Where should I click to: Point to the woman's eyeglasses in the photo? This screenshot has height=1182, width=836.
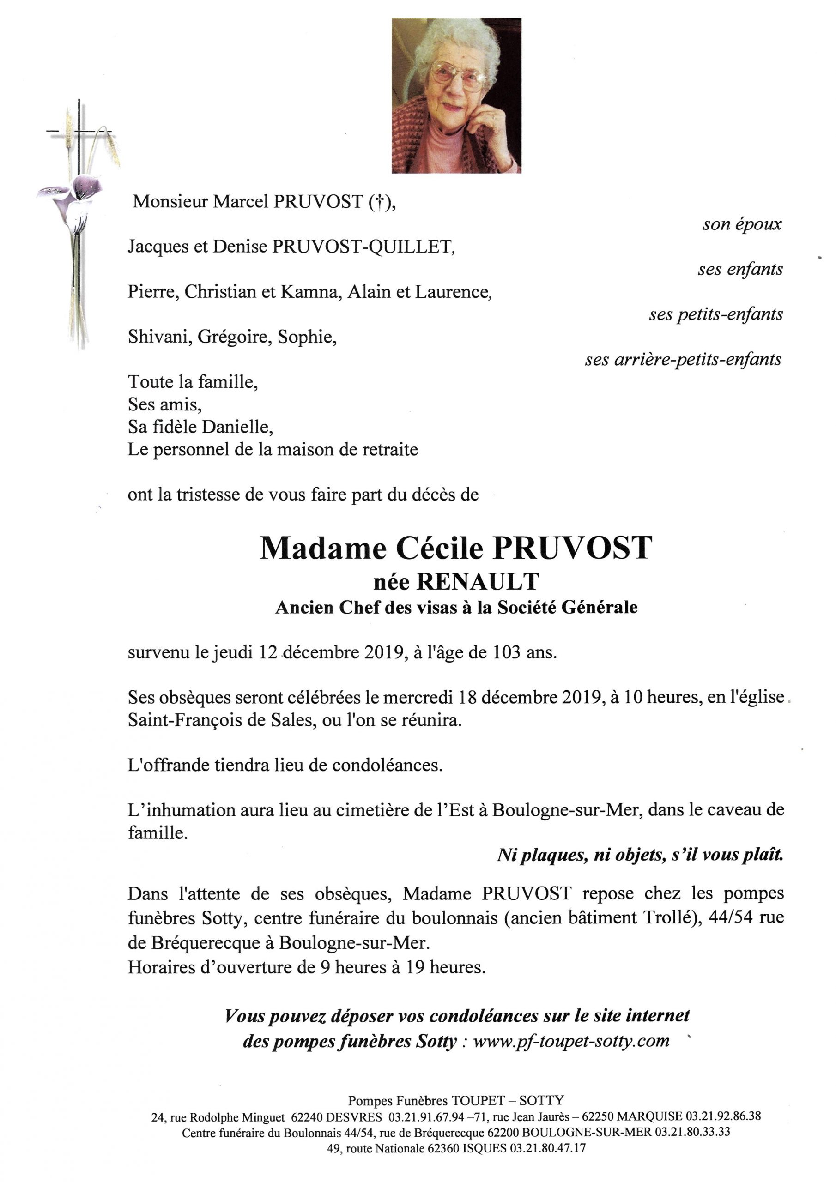[x=459, y=76]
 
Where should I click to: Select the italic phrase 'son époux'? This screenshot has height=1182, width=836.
[x=742, y=224]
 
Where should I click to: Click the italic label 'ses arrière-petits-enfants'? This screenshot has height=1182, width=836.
[x=683, y=359]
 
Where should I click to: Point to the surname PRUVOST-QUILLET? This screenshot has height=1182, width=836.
[x=363, y=247]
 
